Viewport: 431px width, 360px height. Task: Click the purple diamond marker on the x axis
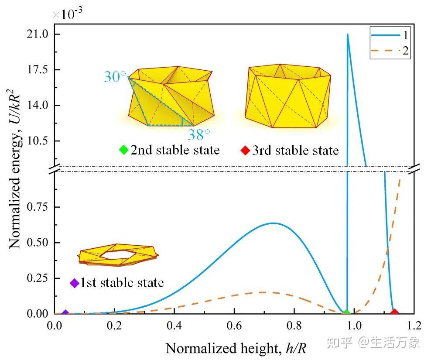point(65,313)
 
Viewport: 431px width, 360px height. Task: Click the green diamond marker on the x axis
point(346,313)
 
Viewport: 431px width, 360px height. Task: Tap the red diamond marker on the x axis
point(394,312)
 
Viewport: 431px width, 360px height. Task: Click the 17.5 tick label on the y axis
point(39,70)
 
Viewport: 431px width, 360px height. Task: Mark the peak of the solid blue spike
point(347,34)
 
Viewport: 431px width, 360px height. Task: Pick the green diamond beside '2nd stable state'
point(123,150)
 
